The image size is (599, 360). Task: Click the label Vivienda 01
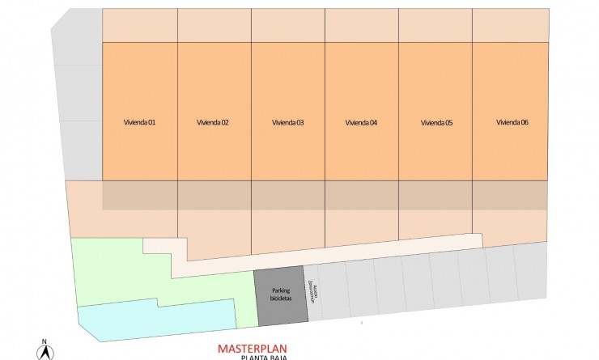(139, 123)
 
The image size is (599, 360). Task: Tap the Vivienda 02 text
(213, 123)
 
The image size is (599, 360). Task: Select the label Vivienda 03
(287, 123)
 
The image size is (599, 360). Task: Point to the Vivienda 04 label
(361, 123)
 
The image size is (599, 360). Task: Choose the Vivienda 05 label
(436, 123)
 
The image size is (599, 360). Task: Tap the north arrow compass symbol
(45, 352)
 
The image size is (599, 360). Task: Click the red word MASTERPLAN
(253, 349)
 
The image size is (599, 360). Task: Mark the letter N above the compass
(45, 341)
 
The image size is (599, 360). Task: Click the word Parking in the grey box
(281, 290)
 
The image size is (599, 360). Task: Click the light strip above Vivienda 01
(139, 25)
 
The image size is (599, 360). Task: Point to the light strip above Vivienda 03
(287, 25)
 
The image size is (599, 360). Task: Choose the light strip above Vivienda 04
(361, 25)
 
